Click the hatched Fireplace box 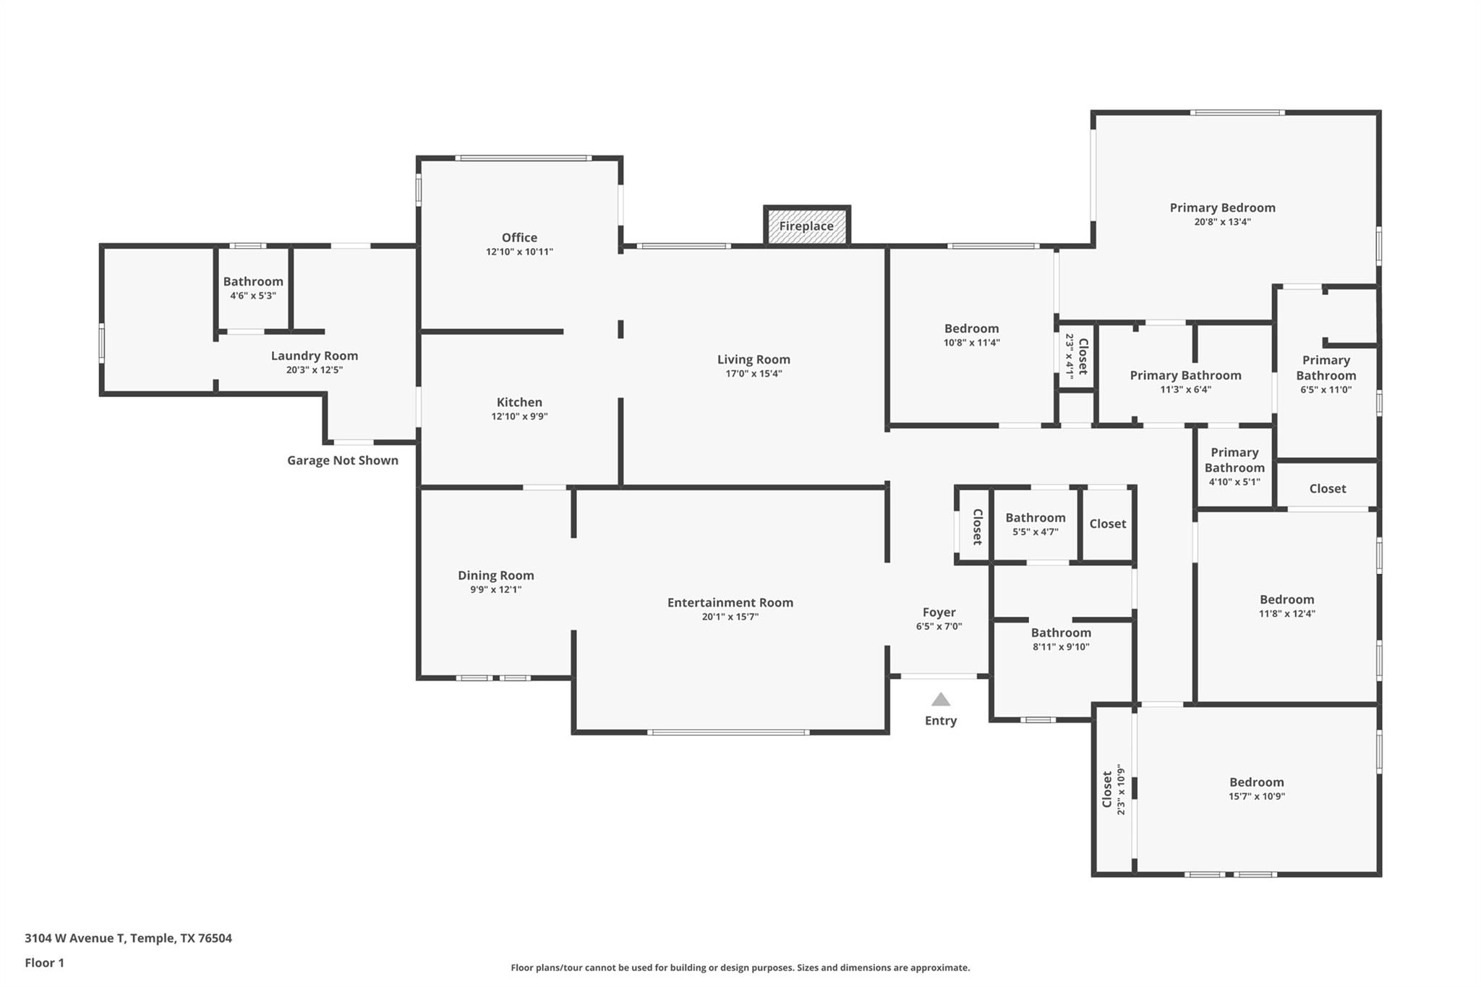806,226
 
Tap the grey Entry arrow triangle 940,700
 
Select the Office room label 519,238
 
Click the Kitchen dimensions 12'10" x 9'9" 519,416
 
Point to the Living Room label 754,359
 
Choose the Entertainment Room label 730,602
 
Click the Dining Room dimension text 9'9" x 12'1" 495,589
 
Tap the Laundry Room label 314,356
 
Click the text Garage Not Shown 342,461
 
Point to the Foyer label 939,612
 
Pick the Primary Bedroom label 1222,208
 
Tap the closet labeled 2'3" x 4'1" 1076,356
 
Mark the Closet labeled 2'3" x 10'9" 1112,789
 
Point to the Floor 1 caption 44,962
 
